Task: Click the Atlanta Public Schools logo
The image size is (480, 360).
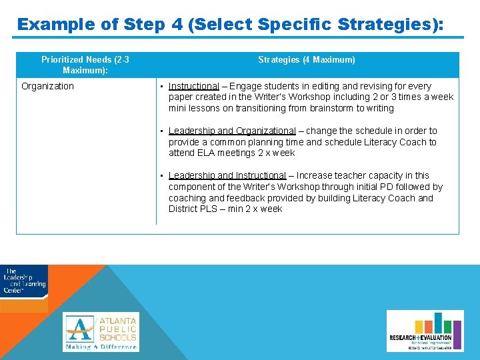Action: click(101, 331)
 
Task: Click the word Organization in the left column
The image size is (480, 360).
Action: click(47, 86)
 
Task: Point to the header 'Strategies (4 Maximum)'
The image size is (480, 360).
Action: click(307, 60)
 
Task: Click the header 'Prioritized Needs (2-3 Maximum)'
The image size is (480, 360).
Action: click(85, 65)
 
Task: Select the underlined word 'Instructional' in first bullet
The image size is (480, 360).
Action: click(193, 86)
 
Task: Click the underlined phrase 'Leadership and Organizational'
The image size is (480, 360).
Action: click(231, 131)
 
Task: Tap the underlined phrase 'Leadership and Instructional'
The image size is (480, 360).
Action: click(227, 176)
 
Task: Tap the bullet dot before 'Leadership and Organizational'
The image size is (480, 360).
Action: click(161, 131)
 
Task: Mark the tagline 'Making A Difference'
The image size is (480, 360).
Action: click(101, 347)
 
